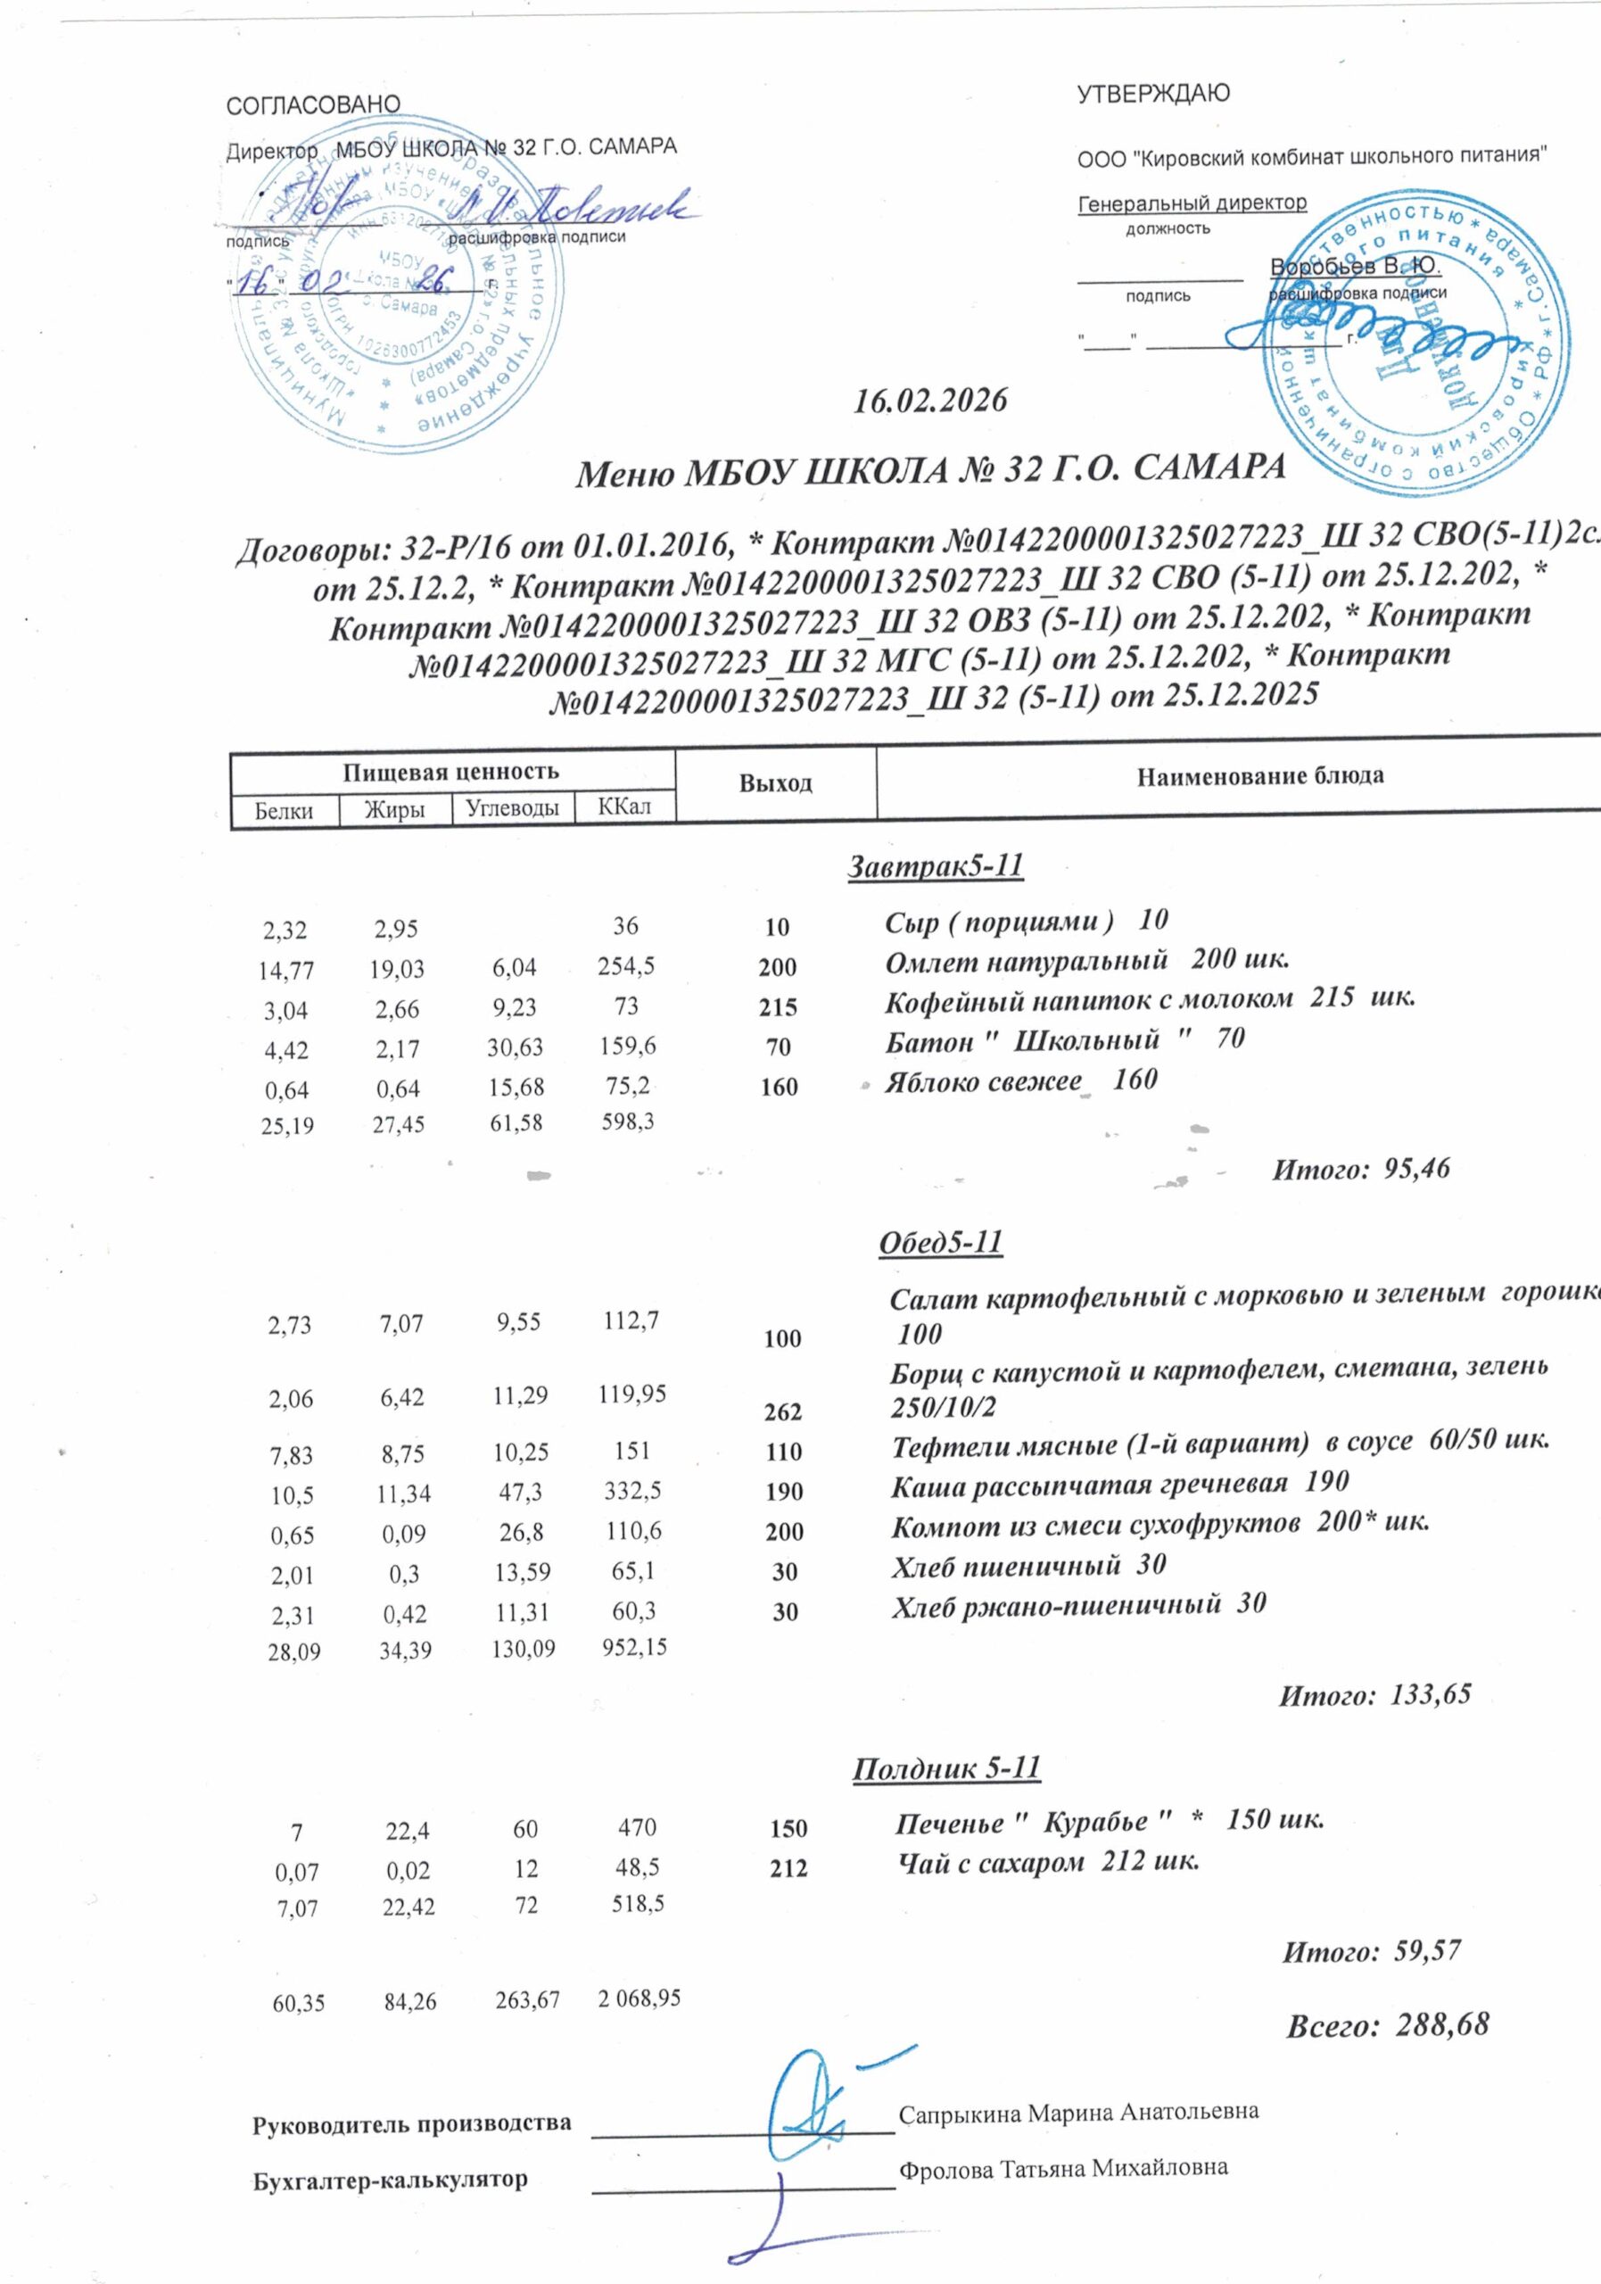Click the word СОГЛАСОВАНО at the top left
(x=313, y=104)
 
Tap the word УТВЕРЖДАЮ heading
(x=1153, y=94)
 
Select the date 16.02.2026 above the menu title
(x=931, y=400)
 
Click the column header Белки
(x=284, y=810)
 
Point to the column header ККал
(x=624, y=806)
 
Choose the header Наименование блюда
(x=1260, y=775)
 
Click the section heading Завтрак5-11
(x=935, y=866)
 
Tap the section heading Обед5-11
(x=940, y=1243)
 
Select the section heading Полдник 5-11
(x=945, y=1767)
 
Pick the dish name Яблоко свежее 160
(x=1021, y=1080)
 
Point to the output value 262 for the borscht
(x=784, y=1411)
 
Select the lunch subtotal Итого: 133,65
(x=1374, y=1694)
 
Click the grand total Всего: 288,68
(x=1387, y=2024)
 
